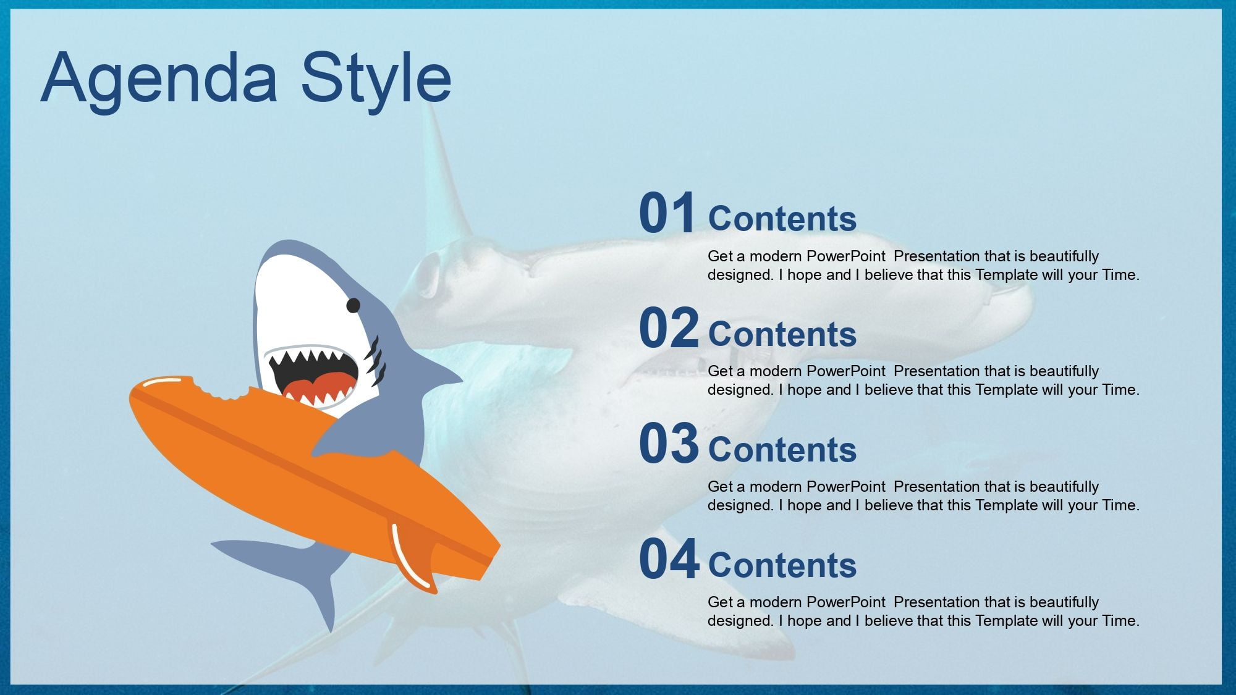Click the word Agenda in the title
159,79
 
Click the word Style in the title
376,79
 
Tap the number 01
667,213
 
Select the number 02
669,328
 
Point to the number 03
669,444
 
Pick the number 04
669,559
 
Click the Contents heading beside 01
782,219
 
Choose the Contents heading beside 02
782,334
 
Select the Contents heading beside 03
782,450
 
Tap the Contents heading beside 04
782,565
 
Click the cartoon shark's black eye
353,305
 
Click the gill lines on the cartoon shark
375,361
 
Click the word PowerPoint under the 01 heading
846,256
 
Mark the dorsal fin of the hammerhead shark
442,185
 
